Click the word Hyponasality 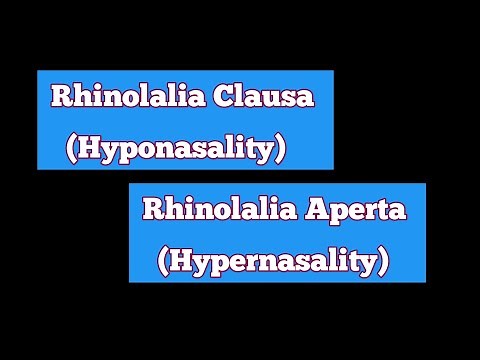pos(175,150)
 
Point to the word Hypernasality pos(272,263)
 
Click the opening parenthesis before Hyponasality pos(70,149)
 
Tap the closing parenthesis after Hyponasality pos(282,149)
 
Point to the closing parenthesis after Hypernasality pos(383,262)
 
